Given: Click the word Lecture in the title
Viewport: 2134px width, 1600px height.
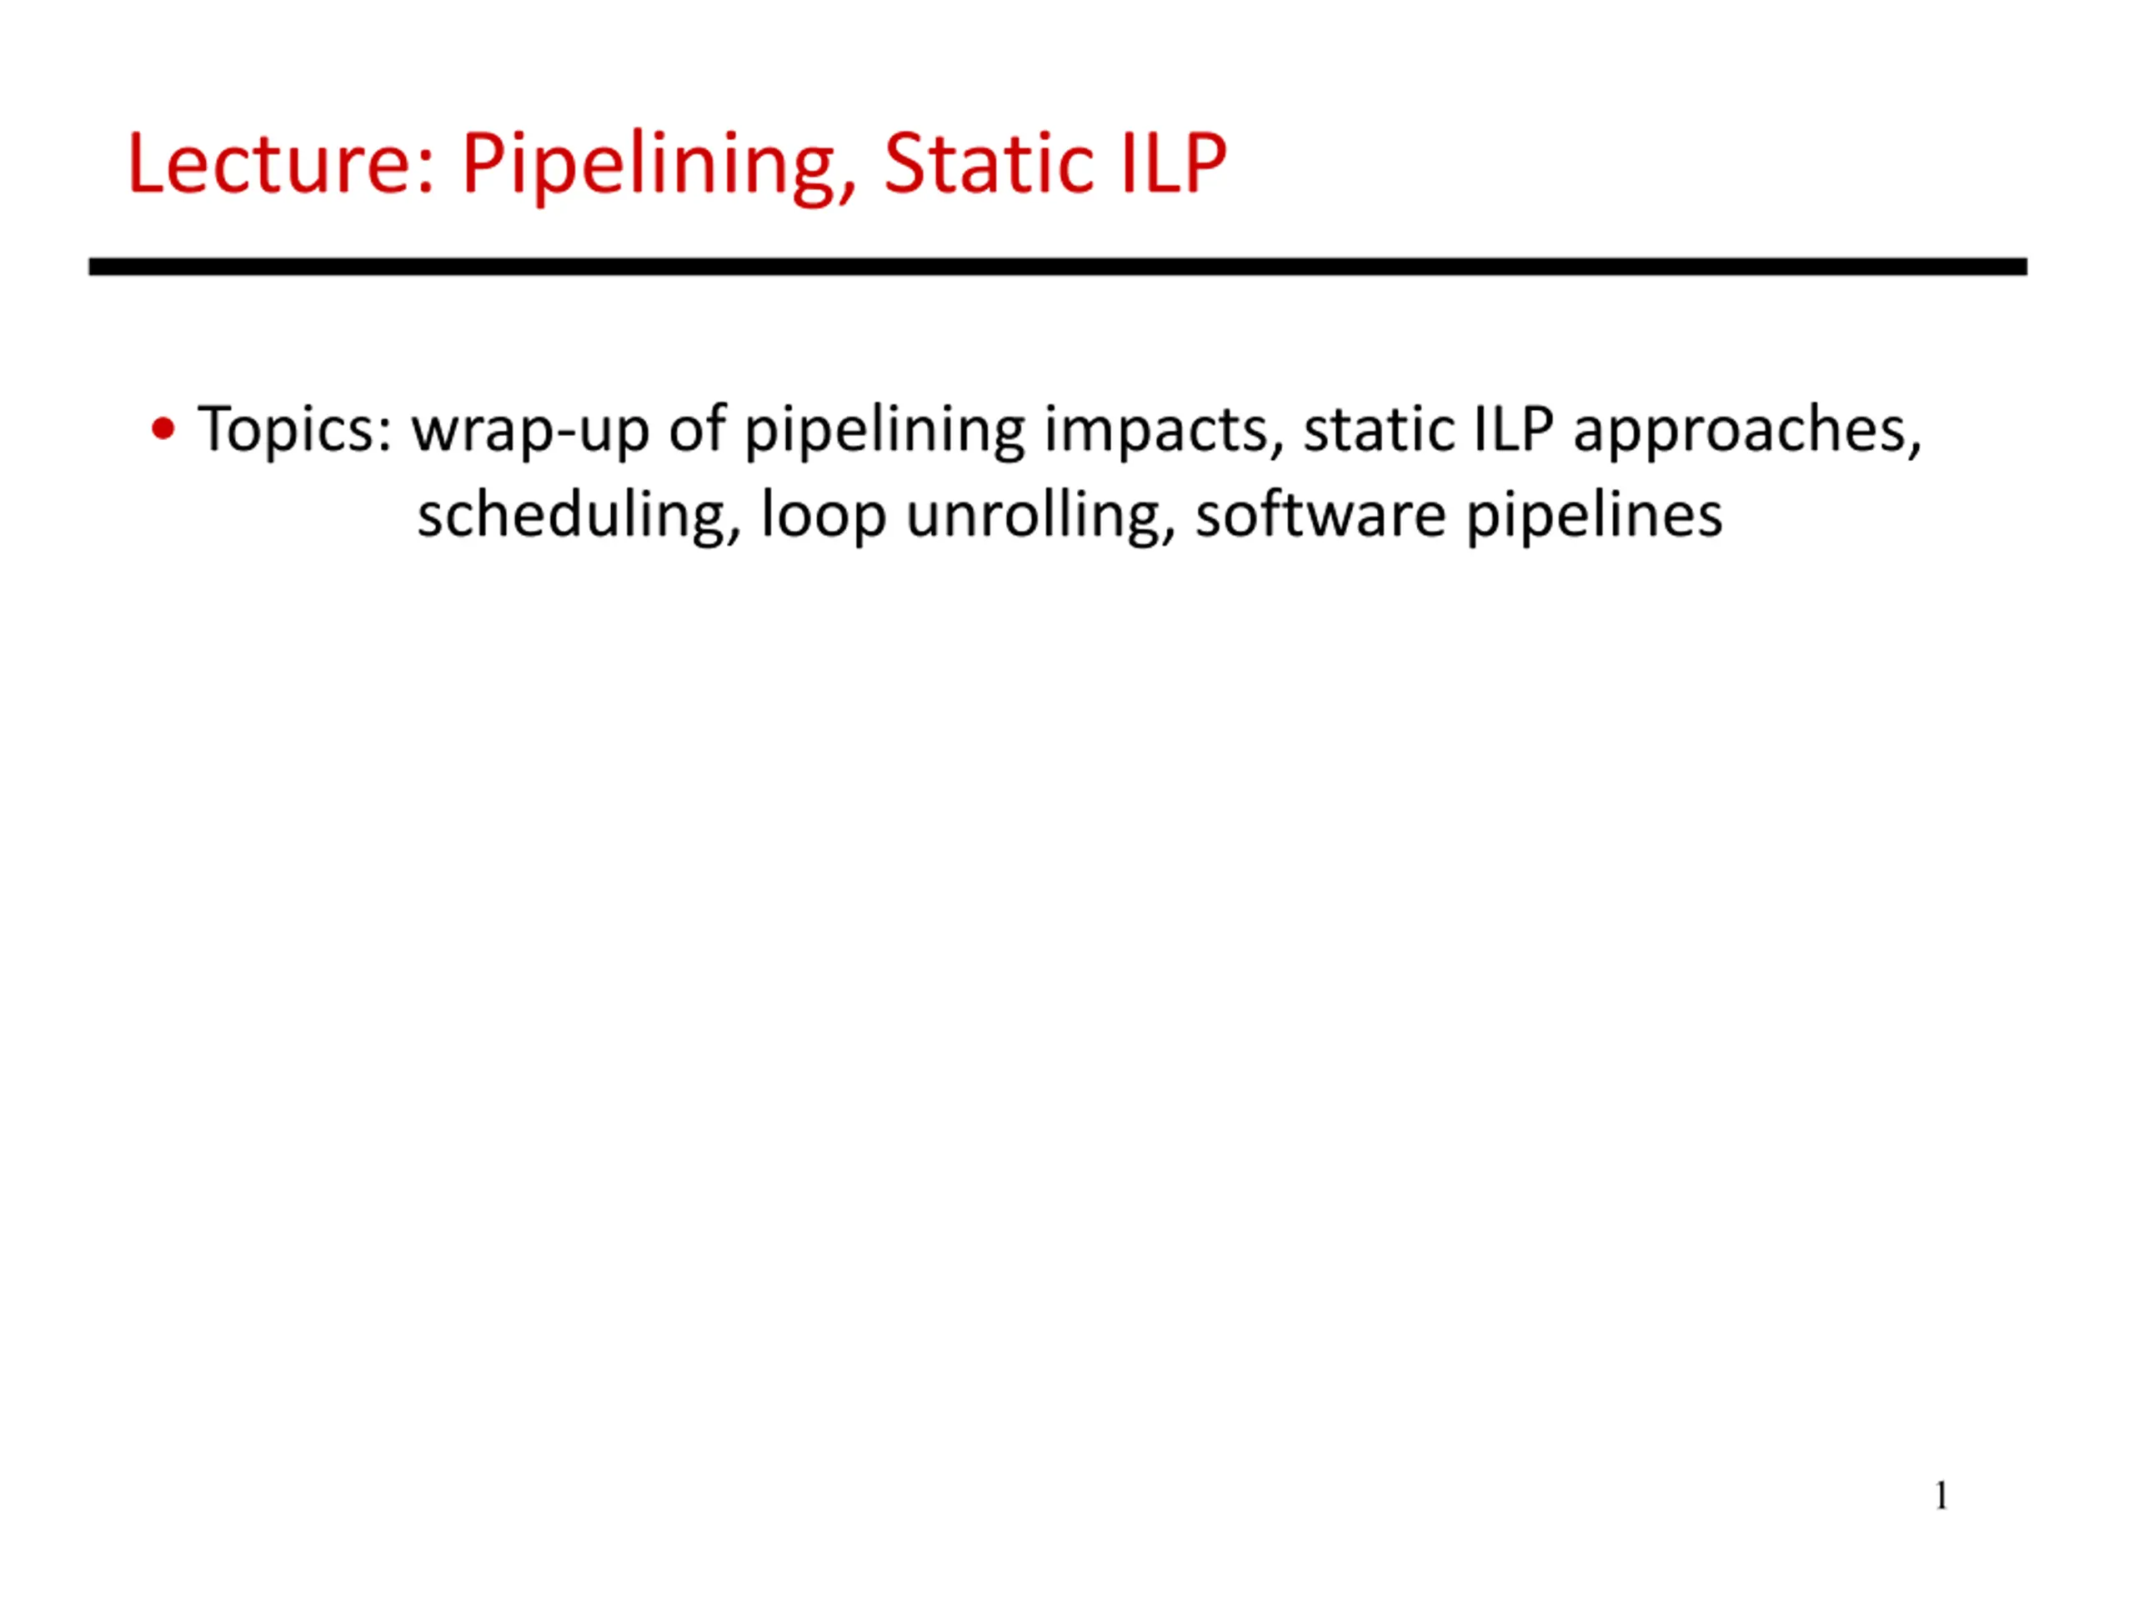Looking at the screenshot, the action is pyautogui.click(x=281, y=163).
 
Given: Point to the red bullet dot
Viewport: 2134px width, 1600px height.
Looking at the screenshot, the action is pyautogui.click(x=164, y=428).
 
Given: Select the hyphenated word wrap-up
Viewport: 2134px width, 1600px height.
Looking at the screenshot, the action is pyautogui.click(x=531, y=431).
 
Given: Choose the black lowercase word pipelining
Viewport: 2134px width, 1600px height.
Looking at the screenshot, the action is pyautogui.click(x=884, y=430).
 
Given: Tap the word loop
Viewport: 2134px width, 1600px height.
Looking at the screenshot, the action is pyautogui.click(x=823, y=517).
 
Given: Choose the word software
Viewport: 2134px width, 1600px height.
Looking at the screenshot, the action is pyautogui.click(x=1320, y=514).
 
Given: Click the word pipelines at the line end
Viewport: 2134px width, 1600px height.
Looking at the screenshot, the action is pyautogui.click(x=1594, y=517).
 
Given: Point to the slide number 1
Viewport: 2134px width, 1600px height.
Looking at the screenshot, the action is pyautogui.click(x=1941, y=1496).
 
